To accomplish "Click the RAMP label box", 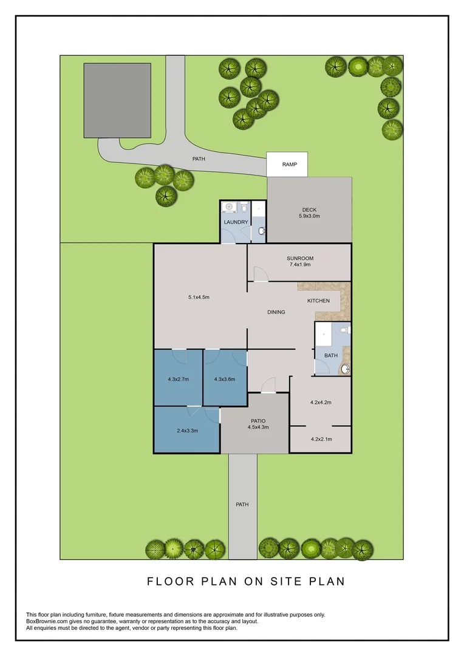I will tap(289, 164).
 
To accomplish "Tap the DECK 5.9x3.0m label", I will tap(309, 213).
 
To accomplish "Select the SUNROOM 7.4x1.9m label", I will tap(299, 262).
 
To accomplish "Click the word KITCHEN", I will tap(318, 301).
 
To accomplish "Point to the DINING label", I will tap(276, 312).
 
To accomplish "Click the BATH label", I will tap(330, 355).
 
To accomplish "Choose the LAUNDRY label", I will tap(236, 222).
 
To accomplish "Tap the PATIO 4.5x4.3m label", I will tap(258, 424).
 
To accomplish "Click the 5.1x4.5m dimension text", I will tap(199, 297).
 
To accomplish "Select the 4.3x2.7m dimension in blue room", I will tap(179, 380).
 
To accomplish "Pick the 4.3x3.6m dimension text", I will tap(225, 380).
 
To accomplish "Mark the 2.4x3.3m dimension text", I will tap(188, 431).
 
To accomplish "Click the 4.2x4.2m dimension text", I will tap(320, 402).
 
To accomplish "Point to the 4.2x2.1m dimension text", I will tap(320, 439).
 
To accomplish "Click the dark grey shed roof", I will tap(117, 100).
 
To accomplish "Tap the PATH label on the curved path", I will tap(199, 159).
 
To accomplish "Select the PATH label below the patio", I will tap(242, 504).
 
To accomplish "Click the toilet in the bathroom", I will tap(344, 330).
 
